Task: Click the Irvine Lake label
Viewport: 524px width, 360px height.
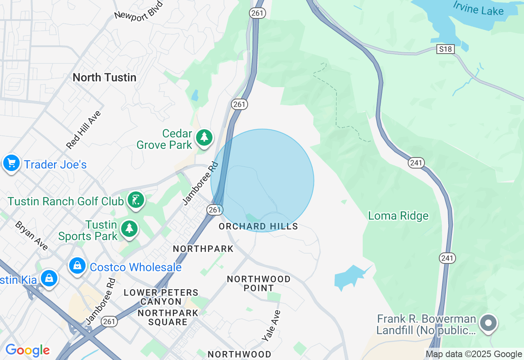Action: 478,8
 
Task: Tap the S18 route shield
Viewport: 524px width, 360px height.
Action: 446,49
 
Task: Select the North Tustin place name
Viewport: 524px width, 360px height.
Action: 104,77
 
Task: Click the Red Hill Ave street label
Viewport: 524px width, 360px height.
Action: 84,130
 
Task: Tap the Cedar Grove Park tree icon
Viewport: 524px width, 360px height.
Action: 204,138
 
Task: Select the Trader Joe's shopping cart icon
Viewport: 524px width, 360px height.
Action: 11,163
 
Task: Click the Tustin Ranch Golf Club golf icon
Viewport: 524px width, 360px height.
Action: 136,200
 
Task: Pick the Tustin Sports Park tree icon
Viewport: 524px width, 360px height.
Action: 129,228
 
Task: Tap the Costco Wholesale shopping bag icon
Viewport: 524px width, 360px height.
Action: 77,266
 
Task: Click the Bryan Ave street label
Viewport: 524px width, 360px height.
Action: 32,236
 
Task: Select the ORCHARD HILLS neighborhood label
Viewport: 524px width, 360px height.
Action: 258,226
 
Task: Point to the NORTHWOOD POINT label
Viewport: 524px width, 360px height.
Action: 259,283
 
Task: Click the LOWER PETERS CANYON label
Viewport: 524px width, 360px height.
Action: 161,297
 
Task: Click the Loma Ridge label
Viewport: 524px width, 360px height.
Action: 398,216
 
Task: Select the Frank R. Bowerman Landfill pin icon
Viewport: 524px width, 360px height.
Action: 488,323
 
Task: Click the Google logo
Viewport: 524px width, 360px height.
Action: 27,351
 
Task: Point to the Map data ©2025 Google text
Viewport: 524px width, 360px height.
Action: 474,354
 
